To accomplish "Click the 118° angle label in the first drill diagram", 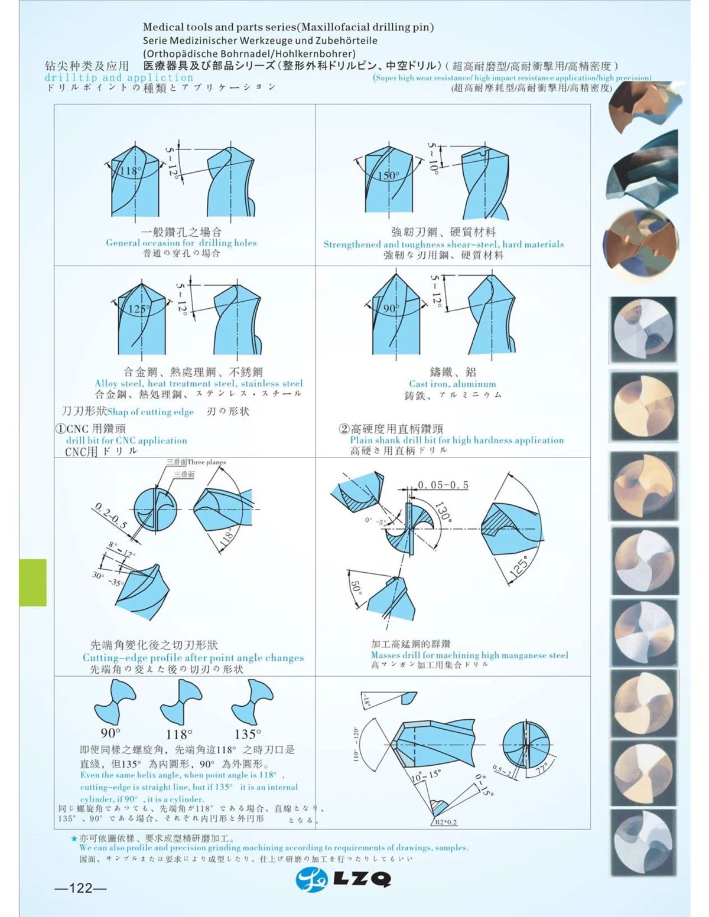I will (131, 171).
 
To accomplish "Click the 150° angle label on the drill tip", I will (388, 175).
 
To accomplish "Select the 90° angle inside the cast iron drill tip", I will (391, 308).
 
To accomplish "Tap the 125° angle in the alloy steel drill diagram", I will (139, 309).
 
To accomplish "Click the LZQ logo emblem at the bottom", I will (311, 880).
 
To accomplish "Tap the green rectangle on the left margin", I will (33, 582).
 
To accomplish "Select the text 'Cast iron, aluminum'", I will (453, 384).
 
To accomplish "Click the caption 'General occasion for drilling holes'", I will (181, 243).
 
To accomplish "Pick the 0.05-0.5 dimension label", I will (443, 485).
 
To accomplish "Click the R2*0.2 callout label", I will (446, 822).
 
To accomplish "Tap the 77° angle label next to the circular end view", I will (542, 768).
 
